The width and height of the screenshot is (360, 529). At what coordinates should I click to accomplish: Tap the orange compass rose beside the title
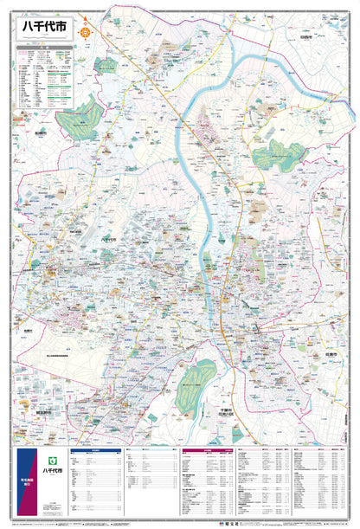(85, 33)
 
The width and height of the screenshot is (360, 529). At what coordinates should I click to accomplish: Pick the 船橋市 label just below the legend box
(41, 134)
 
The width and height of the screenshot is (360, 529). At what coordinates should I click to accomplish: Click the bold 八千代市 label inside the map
(109, 240)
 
